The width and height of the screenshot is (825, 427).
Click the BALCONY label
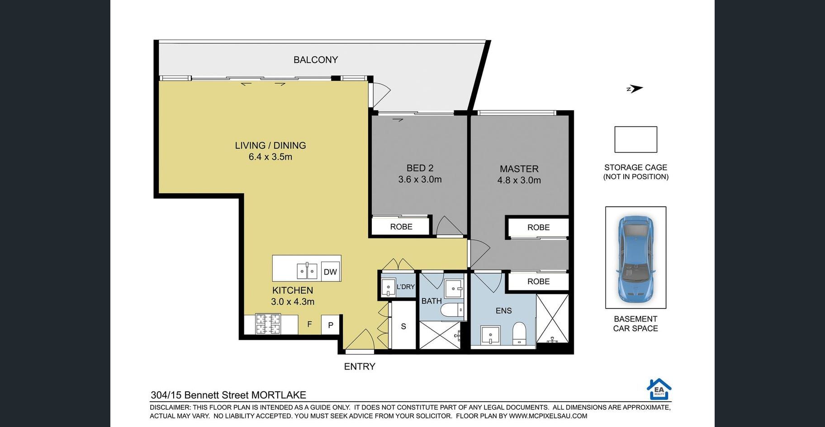pos(316,60)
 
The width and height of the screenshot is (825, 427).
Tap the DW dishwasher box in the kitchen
pos(330,271)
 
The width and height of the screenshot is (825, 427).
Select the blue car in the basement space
pos(635,259)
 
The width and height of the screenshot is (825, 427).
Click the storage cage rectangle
pos(635,139)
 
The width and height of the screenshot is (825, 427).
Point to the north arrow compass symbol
pos(635,89)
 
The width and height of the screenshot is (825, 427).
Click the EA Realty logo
pos(659,389)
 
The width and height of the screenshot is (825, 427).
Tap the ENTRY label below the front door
pos(360,366)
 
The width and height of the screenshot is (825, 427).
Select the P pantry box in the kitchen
pos(331,325)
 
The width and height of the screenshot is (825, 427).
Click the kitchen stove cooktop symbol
pos(268,324)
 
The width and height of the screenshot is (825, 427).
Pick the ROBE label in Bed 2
pos(401,227)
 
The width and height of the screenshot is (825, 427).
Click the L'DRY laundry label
pos(405,287)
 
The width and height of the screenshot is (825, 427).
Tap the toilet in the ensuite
pos(519,333)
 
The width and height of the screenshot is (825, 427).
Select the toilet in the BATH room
pos(452,310)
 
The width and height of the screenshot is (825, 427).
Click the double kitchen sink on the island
pos(307,271)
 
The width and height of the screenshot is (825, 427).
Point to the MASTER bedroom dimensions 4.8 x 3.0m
pos(519,180)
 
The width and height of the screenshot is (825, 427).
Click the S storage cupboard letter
pos(403,326)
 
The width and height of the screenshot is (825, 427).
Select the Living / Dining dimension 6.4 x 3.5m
pos(270,157)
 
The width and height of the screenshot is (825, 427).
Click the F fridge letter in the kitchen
pos(310,324)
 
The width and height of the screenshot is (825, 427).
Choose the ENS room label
pos(503,311)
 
